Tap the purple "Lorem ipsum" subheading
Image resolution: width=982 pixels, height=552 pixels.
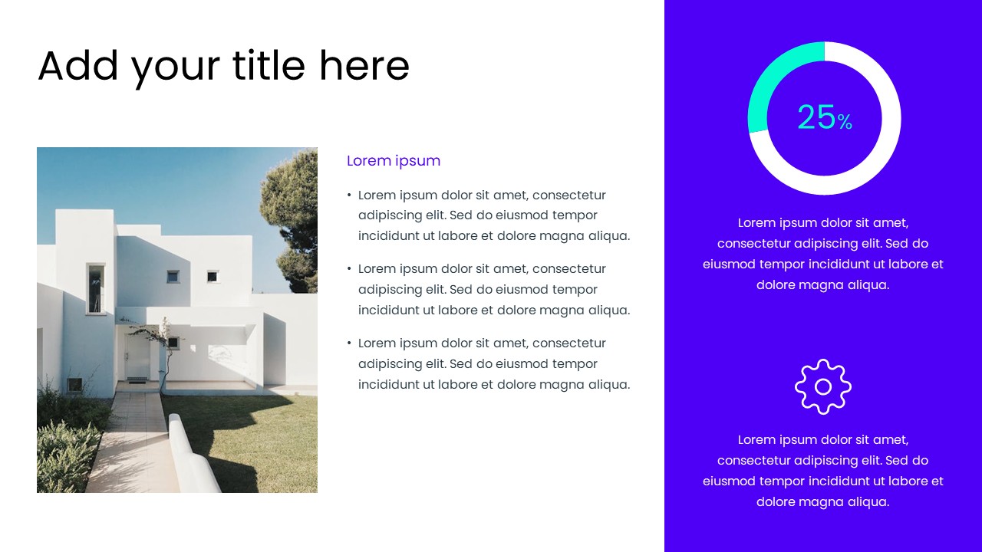[394, 161]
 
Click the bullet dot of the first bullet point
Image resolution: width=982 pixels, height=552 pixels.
[349, 195]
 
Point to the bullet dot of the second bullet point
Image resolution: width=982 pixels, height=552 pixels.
[349, 269]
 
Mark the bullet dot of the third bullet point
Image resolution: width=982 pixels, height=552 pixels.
[349, 343]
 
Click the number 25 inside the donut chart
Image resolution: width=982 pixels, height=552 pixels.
[816, 117]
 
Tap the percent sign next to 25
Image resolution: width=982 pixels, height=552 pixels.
[845, 122]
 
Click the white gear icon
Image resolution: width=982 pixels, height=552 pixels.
[823, 387]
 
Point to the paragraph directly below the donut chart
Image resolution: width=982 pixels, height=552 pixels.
[823, 254]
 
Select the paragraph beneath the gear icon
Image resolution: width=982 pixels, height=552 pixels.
[823, 471]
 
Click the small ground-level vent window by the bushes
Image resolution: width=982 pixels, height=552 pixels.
[75, 385]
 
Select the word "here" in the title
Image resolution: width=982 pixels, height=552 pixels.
[364, 65]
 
